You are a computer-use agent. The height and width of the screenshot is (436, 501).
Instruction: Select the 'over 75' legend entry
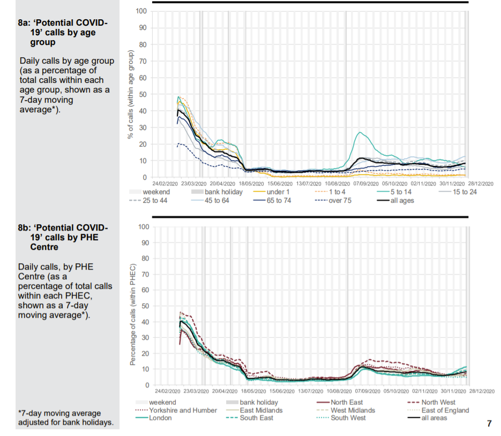[x=337, y=201]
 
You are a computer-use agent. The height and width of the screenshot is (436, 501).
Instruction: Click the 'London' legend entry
[x=160, y=418]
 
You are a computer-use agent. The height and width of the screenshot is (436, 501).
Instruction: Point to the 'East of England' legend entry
[x=445, y=410]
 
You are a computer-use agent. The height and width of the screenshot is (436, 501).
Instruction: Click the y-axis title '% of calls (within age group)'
[x=130, y=95]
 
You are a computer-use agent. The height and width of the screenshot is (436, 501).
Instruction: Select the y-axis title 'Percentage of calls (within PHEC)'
[x=132, y=315]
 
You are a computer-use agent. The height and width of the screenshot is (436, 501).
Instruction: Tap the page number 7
[x=489, y=424]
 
